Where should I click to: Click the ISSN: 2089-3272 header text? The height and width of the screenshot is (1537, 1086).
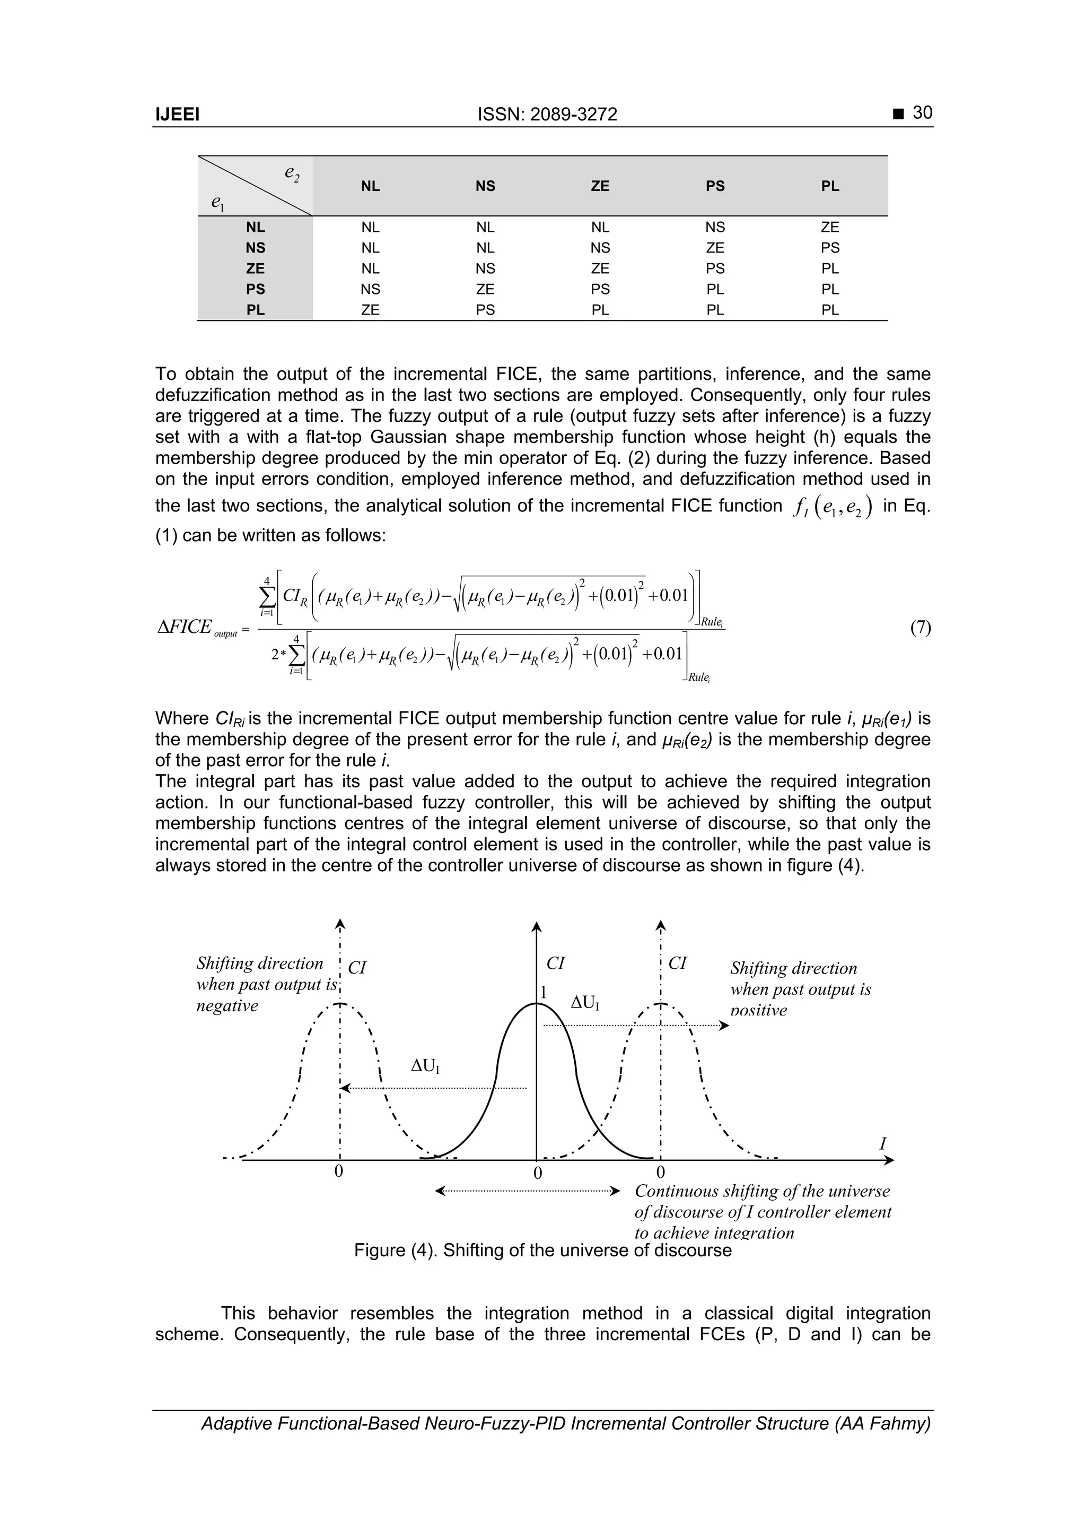[x=547, y=115]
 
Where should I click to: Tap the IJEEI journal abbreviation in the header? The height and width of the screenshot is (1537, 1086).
[x=177, y=115]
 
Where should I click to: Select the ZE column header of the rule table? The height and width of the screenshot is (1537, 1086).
[x=600, y=186]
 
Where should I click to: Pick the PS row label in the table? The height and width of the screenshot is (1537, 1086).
[x=255, y=289]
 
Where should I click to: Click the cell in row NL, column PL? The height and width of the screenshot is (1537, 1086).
[x=830, y=227]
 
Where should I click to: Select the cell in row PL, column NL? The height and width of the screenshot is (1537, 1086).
[x=370, y=310]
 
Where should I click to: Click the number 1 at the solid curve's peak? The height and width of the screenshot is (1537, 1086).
[x=544, y=992]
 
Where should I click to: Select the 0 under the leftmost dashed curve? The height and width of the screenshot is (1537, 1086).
[x=339, y=1171]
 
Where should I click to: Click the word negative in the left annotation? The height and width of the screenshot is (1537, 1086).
[x=227, y=1005]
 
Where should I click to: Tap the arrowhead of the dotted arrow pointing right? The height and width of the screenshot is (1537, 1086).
[x=724, y=1025]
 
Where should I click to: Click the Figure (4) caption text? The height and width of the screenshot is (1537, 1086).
[x=542, y=1250]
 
